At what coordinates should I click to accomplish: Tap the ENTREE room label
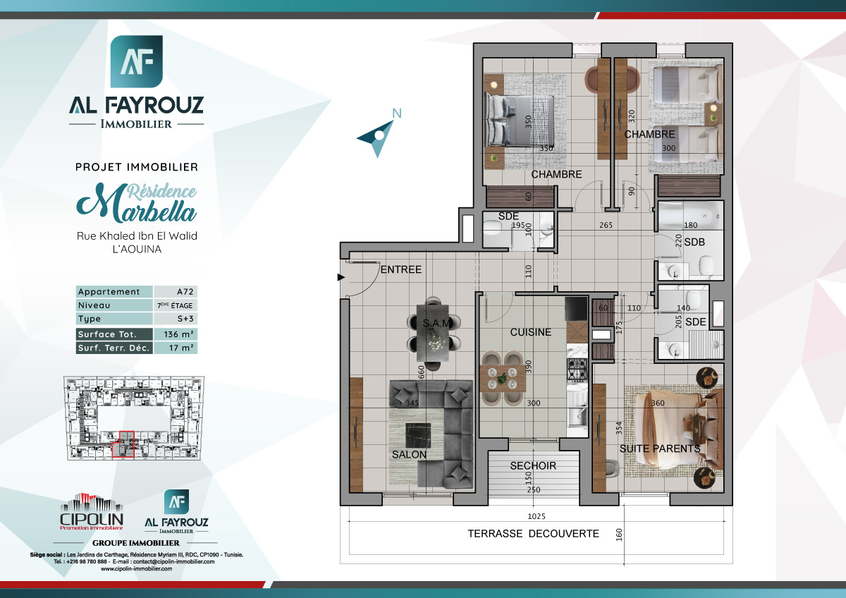[x=400, y=269]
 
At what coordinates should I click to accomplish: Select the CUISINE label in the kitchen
[x=530, y=332]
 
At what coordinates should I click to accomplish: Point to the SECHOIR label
[x=533, y=466]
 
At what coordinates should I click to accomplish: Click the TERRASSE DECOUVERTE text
[x=533, y=534]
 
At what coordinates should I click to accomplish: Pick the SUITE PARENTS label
[x=659, y=448]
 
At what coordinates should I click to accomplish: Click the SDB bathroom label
[x=694, y=243]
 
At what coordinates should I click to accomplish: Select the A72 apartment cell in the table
[x=176, y=292]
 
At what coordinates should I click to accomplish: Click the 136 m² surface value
[x=176, y=334]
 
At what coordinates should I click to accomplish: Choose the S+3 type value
[x=176, y=319]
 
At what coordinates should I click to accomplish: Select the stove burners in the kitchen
[x=577, y=368]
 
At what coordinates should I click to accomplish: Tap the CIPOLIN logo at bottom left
[x=91, y=511]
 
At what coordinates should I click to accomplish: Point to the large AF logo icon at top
[x=136, y=61]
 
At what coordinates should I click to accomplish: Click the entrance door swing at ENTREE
[x=358, y=277]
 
